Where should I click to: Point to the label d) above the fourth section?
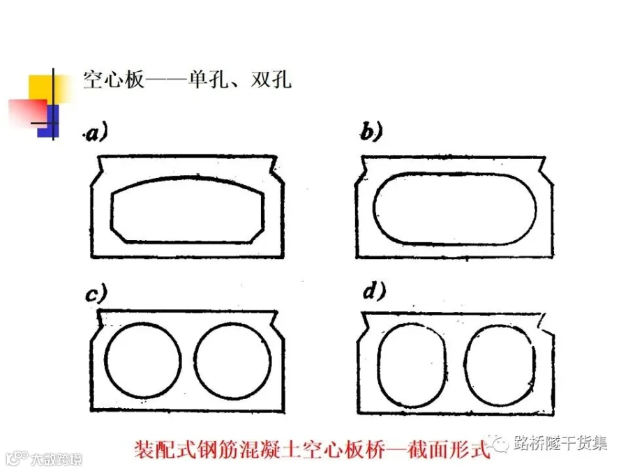click(x=375, y=294)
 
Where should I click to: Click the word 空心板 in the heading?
click(x=113, y=79)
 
